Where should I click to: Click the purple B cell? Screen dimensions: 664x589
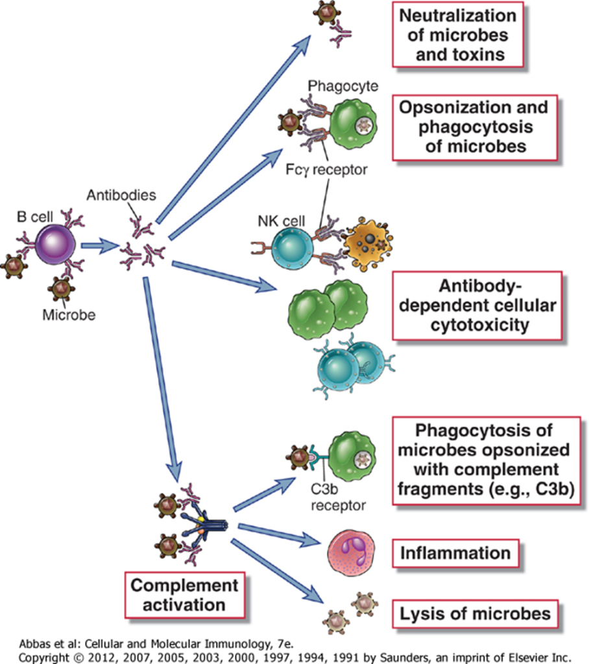[x=55, y=245]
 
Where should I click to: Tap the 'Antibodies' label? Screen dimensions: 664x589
[x=122, y=195]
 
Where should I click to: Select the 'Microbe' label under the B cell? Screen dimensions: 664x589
[x=68, y=316]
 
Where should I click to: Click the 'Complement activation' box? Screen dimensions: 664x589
[x=184, y=595]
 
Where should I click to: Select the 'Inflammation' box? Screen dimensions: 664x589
[x=454, y=553]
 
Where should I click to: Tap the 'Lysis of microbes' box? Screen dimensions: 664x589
[x=475, y=612]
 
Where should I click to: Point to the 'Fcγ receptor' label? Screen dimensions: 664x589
[x=337, y=170]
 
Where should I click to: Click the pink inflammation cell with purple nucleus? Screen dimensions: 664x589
[x=352, y=552]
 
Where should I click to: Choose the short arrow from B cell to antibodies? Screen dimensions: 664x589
[x=99, y=246]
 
